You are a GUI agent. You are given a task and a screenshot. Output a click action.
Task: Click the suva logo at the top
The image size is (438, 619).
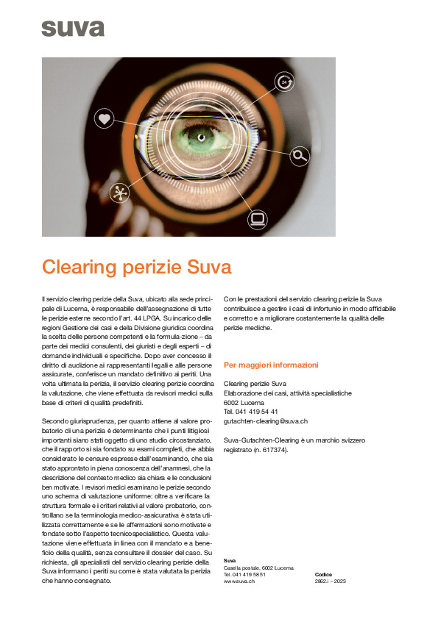[x=73, y=28]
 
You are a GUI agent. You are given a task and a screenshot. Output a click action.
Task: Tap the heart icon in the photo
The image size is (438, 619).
[x=105, y=118]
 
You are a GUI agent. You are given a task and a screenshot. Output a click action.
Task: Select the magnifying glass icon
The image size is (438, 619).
[x=299, y=154]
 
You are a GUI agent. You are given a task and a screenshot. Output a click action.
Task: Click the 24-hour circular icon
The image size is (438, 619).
[x=284, y=82]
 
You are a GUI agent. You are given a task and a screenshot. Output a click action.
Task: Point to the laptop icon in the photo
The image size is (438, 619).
[x=257, y=218]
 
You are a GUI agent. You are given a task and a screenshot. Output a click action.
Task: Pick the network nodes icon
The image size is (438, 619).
[x=118, y=193]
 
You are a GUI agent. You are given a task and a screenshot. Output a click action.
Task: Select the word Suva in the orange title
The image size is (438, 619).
[x=210, y=266]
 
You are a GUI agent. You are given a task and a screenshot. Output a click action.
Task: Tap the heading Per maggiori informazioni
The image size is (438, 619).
[x=271, y=365]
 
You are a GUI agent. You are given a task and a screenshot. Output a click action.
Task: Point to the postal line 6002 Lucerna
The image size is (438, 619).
[x=246, y=402]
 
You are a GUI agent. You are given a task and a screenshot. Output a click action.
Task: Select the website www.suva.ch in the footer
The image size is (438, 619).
[x=239, y=581]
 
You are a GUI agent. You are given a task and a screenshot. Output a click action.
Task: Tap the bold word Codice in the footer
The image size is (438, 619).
[x=323, y=574]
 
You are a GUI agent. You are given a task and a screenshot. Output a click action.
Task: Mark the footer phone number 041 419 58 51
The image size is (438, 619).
[x=249, y=574]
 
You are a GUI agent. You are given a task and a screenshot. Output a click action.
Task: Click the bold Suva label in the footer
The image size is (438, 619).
[x=230, y=561]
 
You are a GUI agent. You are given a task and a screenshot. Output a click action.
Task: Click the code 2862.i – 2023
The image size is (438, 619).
[x=330, y=581]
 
